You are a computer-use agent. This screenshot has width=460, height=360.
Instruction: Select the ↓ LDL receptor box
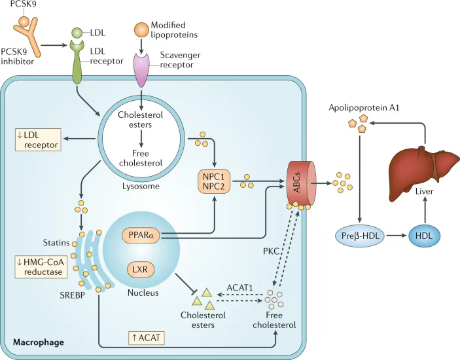pyautogui.click(x=38, y=138)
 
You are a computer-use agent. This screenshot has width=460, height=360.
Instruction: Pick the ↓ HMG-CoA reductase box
pyautogui.click(x=38, y=267)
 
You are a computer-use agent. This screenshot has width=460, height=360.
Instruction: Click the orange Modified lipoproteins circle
pyautogui.click(x=141, y=29)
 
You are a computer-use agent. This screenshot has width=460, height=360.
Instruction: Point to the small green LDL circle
pyautogui.click(x=77, y=32)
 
